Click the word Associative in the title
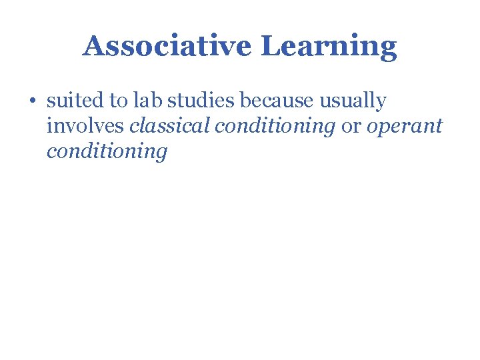(168, 47)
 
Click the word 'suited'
(73, 101)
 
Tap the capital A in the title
(94, 47)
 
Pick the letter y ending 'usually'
(381, 104)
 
